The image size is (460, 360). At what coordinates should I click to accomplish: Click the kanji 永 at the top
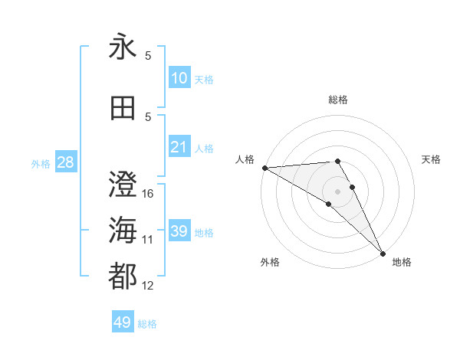click(x=123, y=47)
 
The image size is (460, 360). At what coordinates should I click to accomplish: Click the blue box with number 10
click(x=179, y=78)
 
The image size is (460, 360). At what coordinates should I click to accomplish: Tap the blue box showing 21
click(x=179, y=147)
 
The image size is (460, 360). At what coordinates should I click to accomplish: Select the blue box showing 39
click(x=179, y=231)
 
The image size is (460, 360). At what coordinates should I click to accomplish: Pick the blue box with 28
click(x=65, y=162)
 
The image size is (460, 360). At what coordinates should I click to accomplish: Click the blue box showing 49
click(x=123, y=322)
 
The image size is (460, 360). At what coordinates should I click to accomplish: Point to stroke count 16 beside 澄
click(x=149, y=194)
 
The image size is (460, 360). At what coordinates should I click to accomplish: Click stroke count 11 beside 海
click(x=149, y=240)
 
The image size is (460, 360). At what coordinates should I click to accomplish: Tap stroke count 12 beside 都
click(x=149, y=286)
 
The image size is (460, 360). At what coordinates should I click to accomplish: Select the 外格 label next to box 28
click(x=41, y=163)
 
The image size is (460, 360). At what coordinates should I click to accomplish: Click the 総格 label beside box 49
click(x=147, y=324)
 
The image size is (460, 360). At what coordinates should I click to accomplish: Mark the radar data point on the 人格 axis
click(x=264, y=168)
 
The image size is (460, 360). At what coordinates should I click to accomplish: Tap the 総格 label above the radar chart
click(x=338, y=100)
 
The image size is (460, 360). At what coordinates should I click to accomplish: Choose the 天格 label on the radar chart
click(x=432, y=159)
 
